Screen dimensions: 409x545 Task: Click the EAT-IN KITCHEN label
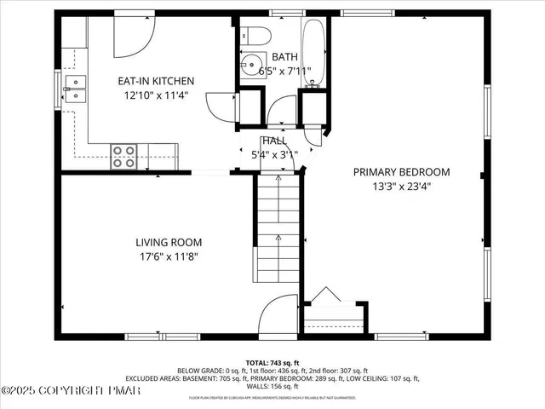(x=156, y=81)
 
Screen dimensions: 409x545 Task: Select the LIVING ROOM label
(x=170, y=241)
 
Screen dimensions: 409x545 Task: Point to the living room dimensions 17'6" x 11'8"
(x=170, y=255)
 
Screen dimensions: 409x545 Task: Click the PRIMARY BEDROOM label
(x=402, y=172)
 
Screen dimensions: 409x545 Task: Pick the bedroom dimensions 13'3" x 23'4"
(x=402, y=186)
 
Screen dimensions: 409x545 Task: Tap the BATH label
(x=284, y=57)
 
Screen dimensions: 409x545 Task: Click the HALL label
(x=274, y=141)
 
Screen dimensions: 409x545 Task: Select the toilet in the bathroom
(x=255, y=35)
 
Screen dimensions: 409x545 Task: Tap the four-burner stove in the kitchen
(x=124, y=155)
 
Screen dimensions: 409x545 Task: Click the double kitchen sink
(x=75, y=87)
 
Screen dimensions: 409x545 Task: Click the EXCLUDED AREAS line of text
(x=272, y=378)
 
